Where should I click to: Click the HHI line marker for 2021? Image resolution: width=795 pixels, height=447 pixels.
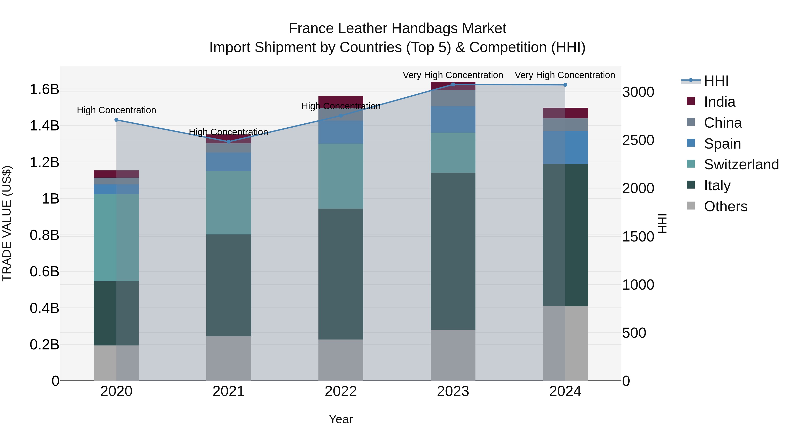[x=228, y=141]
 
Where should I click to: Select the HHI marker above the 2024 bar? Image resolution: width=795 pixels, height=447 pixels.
[x=565, y=85]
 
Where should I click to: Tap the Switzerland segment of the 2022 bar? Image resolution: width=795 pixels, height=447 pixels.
[x=341, y=176]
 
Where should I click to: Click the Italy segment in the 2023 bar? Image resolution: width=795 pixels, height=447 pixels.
[x=453, y=251]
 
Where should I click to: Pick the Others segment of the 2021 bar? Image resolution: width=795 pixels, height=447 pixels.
[x=228, y=358]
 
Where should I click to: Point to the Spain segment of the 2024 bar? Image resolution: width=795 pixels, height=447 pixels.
[x=565, y=147]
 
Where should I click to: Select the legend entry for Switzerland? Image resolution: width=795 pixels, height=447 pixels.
[x=741, y=164]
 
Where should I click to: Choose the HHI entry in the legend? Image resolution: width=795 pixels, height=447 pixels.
[x=716, y=81]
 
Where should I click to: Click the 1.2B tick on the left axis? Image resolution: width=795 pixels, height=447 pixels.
[x=44, y=162]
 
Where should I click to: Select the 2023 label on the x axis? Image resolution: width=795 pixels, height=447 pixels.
[x=453, y=391]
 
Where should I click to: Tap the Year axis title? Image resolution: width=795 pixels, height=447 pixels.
[x=341, y=419]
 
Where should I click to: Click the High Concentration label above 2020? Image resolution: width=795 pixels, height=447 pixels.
[x=116, y=110]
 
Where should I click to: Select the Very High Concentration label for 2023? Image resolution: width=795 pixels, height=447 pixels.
[x=453, y=75]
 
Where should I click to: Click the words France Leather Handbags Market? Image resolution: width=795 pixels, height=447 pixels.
[x=397, y=28]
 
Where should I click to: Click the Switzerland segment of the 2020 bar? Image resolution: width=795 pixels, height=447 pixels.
[x=116, y=238]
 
